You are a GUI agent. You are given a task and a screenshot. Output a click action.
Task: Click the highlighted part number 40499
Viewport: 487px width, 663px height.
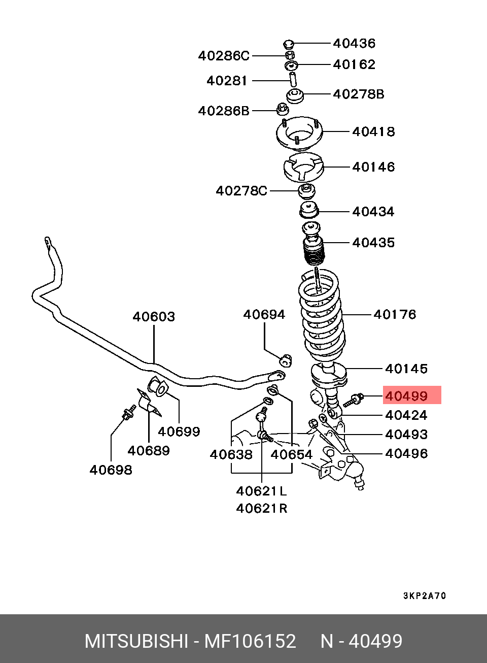point(406,395)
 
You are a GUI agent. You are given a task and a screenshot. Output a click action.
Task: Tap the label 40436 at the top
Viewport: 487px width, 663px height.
point(355,43)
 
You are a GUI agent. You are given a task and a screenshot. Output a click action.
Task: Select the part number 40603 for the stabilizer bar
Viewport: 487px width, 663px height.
point(154,317)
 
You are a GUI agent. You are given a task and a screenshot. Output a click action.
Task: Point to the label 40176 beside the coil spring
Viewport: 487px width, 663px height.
point(395,314)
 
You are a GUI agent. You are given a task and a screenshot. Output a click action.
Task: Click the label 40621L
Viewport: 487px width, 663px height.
point(261,491)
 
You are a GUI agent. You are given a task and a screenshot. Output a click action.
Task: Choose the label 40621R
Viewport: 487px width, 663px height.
point(261,508)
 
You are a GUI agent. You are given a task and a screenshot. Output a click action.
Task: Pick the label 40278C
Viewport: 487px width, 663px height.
point(241,190)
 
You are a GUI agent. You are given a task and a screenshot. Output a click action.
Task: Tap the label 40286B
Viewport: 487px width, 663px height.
point(224,110)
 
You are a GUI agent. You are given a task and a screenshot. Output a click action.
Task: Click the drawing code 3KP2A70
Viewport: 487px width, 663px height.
point(424,595)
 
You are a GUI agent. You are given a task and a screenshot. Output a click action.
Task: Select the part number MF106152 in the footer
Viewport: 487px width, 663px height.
point(250,641)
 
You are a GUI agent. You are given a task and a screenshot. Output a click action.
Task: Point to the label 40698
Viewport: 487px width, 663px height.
point(111,470)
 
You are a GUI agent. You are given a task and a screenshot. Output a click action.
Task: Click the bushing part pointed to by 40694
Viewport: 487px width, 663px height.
point(287,360)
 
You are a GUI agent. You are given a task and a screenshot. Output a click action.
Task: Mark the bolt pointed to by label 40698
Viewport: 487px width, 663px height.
point(127,412)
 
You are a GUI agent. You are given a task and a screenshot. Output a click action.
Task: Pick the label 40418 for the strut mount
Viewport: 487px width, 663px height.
point(373,131)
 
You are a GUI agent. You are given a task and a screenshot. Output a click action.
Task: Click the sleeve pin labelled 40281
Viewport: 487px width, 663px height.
point(293,80)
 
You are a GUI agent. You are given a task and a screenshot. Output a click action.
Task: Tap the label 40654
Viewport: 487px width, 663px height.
point(292,454)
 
